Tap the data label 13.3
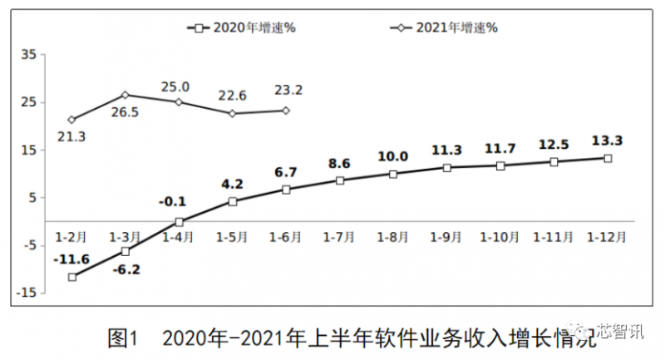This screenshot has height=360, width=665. [607, 140]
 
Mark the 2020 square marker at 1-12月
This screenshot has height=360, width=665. [608, 158]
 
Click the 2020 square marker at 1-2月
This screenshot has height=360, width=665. [72, 277]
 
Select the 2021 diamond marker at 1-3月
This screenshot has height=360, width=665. [125, 95]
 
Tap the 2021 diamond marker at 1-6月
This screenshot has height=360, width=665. [286, 110]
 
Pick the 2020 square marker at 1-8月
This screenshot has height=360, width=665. [393, 174]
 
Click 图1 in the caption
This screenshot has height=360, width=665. [122, 338]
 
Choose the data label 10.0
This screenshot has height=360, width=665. [393, 155]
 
